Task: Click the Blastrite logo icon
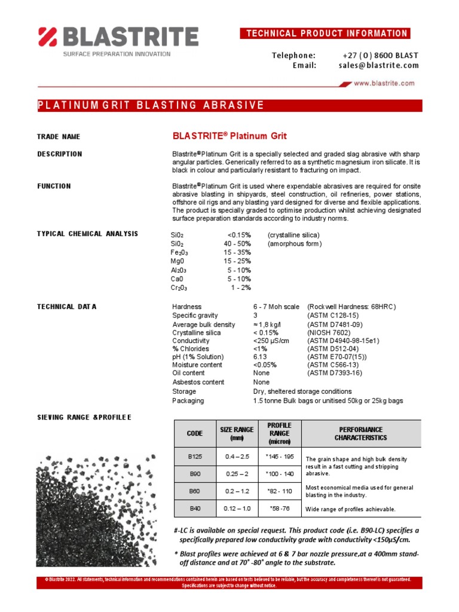[x=48, y=36]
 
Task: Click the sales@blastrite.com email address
[x=375, y=65]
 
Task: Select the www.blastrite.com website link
[x=384, y=84]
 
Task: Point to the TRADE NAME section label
[x=59, y=137]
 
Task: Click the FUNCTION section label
[x=54, y=186]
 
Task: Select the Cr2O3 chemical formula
[x=179, y=287]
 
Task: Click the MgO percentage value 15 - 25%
[x=237, y=261]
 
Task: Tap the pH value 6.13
[x=261, y=357]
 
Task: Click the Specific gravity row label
[x=195, y=316]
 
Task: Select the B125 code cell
[x=195, y=457]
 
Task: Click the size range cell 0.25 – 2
[x=237, y=474]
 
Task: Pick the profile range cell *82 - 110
[x=279, y=491]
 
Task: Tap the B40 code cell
[x=195, y=509]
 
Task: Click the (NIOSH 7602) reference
[x=330, y=332]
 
